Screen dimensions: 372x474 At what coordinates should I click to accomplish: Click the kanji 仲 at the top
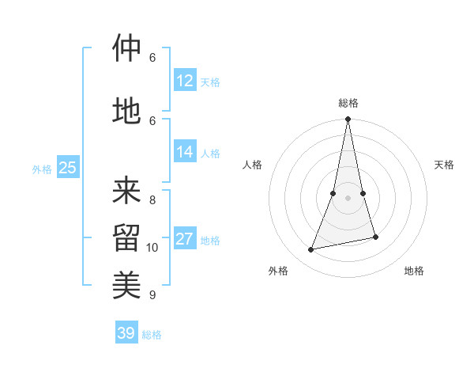pos(126,48)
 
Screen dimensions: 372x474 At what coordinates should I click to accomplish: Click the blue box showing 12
pos(185,81)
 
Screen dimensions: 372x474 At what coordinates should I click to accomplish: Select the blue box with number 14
pos(185,152)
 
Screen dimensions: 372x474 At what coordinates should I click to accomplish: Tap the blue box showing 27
pos(185,239)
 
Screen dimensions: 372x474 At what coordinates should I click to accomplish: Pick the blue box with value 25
pos(67,168)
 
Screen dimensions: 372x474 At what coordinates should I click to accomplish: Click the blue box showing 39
pos(126,333)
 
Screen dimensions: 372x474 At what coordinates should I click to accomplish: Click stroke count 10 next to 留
pos(152,248)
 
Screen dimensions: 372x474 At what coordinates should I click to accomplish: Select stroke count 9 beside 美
pos(152,295)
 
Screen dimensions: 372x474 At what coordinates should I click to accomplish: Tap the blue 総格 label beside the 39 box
pos(152,335)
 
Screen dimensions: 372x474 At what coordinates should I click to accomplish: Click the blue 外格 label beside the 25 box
pos(42,169)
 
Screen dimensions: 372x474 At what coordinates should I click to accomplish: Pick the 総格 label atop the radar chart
pos(348,103)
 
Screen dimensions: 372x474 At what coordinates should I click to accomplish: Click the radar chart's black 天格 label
pos(444,165)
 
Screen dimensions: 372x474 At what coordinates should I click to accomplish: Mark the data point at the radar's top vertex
pos(348,120)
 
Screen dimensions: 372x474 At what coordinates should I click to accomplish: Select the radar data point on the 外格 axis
pos(311,249)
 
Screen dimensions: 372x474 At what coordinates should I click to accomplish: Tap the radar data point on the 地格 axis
pos(375,237)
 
